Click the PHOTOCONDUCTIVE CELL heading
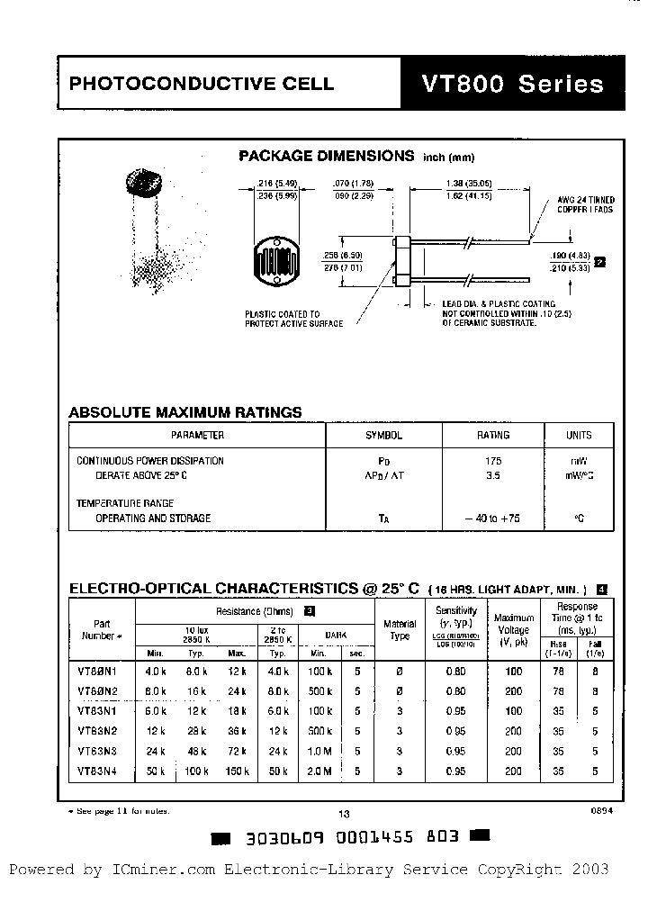click(202, 85)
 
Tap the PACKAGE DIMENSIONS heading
click(326, 156)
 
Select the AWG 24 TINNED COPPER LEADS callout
click(586, 203)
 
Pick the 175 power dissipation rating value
click(492, 461)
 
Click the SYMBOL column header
click(383, 435)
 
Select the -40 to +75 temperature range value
click(492, 519)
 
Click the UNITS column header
click(579, 435)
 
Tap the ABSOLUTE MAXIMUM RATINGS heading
click(185, 412)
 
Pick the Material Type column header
click(400, 629)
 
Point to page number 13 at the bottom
click(343, 813)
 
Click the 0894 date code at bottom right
click(601, 810)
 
